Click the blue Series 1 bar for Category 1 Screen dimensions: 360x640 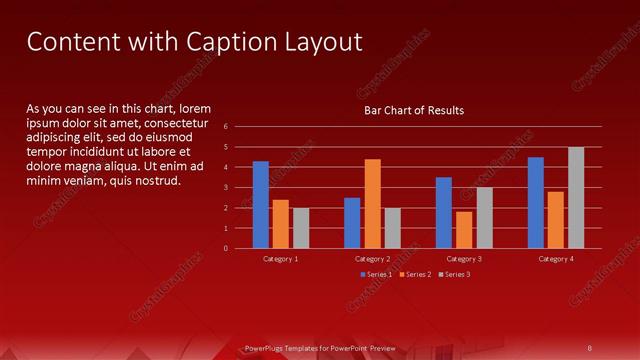pyautogui.click(x=261, y=205)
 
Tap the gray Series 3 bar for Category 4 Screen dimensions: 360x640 pyautogui.click(x=576, y=198)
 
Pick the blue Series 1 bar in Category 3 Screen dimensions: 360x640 pyautogui.click(x=444, y=213)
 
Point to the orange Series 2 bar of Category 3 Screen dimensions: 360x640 pyautogui.click(x=464, y=230)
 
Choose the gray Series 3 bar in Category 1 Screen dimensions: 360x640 pyautogui.click(x=301, y=228)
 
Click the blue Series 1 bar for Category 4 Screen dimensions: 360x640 pyautogui.click(x=536, y=203)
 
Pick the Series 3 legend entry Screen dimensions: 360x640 pyautogui.click(x=455, y=274)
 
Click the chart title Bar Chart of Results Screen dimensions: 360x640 pyautogui.click(x=413, y=110)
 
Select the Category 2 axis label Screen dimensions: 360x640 pyautogui.click(x=372, y=259)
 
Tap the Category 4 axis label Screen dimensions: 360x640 pyautogui.click(x=556, y=259)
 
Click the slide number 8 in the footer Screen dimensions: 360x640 pyautogui.click(x=590, y=348)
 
